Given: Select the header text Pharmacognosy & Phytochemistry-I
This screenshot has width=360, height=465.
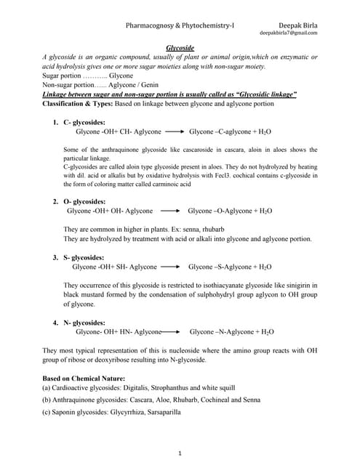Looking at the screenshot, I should pyautogui.click(x=180, y=24).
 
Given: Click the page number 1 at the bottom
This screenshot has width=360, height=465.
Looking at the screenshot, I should pyautogui.click(x=180, y=453).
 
